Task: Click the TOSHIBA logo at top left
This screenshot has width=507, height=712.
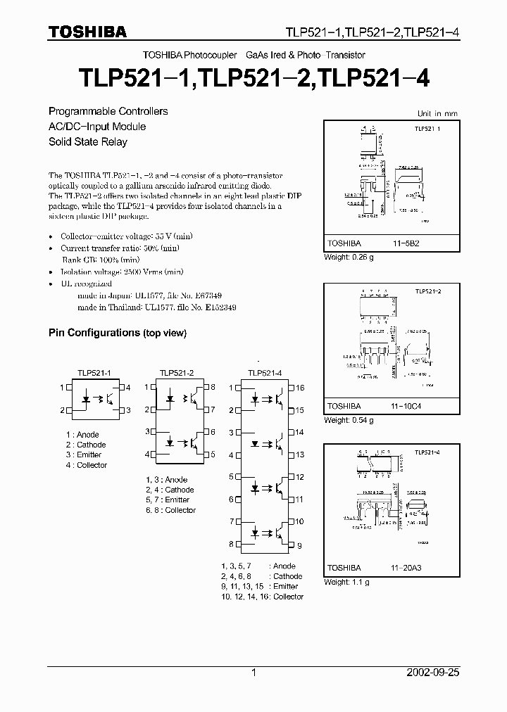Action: tap(87, 32)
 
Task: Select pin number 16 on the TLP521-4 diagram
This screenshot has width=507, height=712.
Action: tap(299, 388)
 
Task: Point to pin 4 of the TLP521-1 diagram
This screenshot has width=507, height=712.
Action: tap(128, 388)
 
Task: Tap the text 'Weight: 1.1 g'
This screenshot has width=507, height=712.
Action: tap(346, 582)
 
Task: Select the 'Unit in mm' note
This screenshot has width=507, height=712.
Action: tap(437, 113)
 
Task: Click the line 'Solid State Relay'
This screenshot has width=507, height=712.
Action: tap(88, 141)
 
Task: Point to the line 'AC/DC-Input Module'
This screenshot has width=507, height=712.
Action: tap(97, 127)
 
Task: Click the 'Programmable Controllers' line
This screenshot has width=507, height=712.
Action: tap(108, 111)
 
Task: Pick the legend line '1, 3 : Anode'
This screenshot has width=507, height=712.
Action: tap(166, 480)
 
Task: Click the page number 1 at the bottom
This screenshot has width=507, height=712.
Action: tap(254, 673)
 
